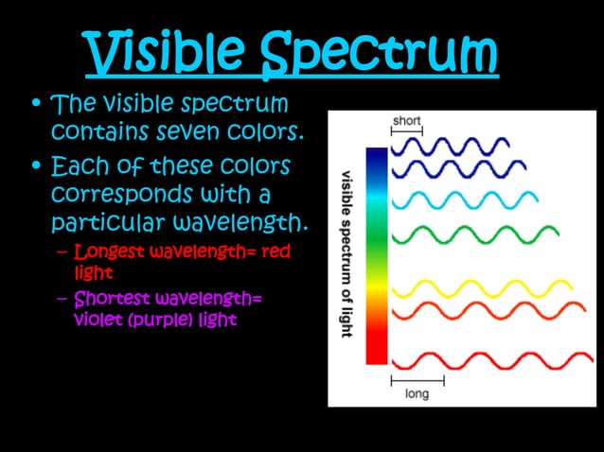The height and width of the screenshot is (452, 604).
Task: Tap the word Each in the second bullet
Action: click(x=77, y=166)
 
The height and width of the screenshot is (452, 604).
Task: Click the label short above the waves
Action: click(x=407, y=121)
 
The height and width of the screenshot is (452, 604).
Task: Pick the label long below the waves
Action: click(x=417, y=392)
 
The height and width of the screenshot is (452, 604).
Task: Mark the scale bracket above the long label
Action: click(x=417, y=379)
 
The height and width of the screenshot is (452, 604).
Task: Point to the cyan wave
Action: click(x=464, y=200)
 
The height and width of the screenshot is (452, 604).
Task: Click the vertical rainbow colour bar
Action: click(x=376, y=255)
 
